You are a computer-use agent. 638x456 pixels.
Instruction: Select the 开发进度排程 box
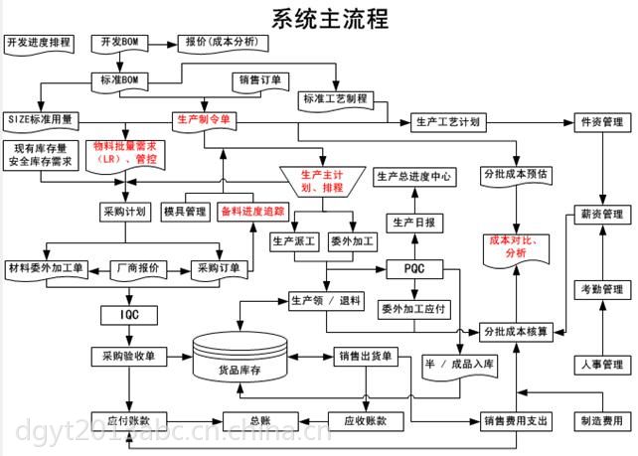coord(39,44)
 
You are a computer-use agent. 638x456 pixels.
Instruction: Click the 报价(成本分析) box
coord(222,43)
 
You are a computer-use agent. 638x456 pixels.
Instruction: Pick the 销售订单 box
coord(260,79)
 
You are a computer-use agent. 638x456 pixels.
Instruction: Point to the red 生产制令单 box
coord(203,119)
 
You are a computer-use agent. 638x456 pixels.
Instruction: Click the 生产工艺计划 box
coord(447,122)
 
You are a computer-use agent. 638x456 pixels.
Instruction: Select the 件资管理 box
coord(600,122)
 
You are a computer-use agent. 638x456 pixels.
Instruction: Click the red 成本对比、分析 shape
coord(515,246)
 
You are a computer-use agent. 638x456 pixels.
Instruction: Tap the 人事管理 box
coord(600,365)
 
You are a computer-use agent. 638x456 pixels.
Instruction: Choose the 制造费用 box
coord(600,420)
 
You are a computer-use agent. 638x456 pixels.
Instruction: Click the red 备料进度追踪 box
coord(252,212)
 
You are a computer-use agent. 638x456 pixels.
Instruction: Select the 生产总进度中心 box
coord(413,177)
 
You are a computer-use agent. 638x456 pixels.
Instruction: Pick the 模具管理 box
coord(184,212)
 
